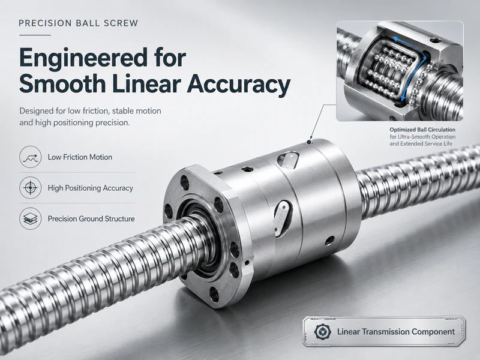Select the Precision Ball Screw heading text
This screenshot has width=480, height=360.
pyautogui.click(x=79, y=23)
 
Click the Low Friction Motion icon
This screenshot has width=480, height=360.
pyautogui.click(x=31, y=157)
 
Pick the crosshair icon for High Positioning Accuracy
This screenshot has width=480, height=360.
pyautogui.click(x=31, y=188)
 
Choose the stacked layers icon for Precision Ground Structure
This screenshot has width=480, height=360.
pyautogui.click(x=31, y=218)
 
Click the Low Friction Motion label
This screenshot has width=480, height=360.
pyautogui.click(x=80, y=157)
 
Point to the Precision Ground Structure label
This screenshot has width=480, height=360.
pyautogui.click(x=91, y=219)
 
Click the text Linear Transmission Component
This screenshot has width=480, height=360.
pyautogui.click(x=396, y=332)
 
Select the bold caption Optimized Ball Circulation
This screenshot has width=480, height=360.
pyautogui.click(x=422, y=130)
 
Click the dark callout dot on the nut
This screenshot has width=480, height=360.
pyautogui.click(x=310, y=142)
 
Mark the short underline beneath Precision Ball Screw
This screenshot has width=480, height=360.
pyautogui.click(x=35, y=35)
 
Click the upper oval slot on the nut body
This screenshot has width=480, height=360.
pyautogui.click(x=288, y=160)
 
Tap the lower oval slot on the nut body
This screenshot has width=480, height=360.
pyautogui.click(x=282, y=218)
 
